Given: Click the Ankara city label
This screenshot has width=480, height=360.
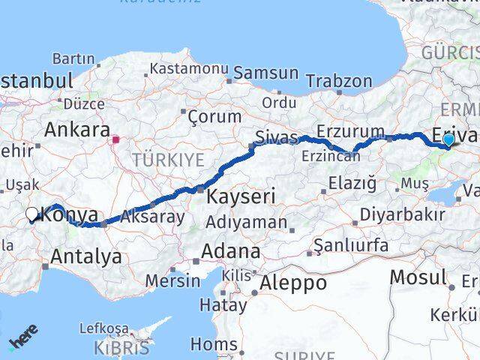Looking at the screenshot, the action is click(x=77, y=129).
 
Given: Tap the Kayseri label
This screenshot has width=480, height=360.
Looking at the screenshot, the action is click(x=241, y=196).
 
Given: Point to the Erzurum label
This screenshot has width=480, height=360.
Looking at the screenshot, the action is click(x=350, y=131).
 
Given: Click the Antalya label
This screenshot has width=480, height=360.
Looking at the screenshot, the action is click(x=85, y=257).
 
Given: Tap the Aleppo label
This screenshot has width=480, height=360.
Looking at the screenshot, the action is click(x=293, y=283).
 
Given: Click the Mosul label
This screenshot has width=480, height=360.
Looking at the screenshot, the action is click(x=418, y=277).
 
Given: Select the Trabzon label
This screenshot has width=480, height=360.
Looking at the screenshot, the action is click(x=339, y=80).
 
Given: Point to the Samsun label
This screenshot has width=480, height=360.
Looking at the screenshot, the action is click(x=265, y=73).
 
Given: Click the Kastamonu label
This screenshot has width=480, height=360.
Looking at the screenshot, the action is click(x=188, y=68).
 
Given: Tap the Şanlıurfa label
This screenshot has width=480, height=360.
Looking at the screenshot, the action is click(x=351, y=245).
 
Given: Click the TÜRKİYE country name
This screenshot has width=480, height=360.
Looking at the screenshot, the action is click(x=168, y=159).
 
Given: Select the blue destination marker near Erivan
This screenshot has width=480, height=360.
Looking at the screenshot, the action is click(x=448, y=139).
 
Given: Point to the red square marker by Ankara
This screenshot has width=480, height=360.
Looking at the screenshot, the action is click(x=115, y=139).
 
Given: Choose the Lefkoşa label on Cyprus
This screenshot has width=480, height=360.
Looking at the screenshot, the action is click(x=104, y=328).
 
